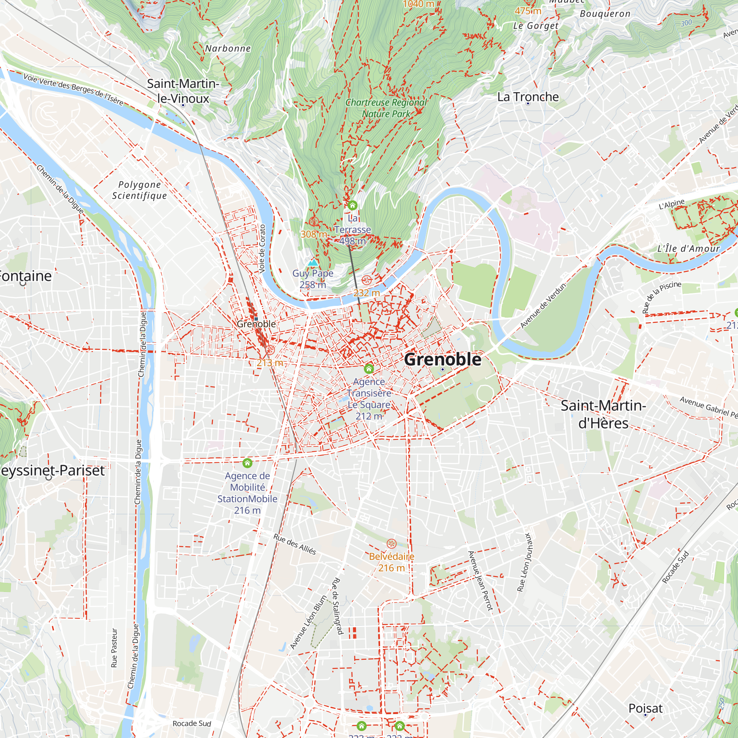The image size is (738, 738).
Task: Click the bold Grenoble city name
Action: pos(442,359)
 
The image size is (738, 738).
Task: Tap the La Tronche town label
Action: pos(528,97)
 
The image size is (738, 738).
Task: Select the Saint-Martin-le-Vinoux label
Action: pos(183,91)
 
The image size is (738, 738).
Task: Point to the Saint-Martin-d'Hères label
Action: pos(603,414)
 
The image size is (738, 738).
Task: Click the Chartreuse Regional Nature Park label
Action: pos(386,108)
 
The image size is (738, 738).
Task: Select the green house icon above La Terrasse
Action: pos(352,206)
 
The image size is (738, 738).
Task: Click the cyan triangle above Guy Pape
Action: pos(313,262)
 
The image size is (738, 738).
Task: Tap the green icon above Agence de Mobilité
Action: pos(248,463)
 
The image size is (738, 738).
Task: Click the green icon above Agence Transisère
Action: pos(369,369)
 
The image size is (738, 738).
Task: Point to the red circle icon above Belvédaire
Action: pos(392,544)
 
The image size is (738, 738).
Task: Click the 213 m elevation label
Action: pos(270,362)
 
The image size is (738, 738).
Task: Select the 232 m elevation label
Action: pos(366,293)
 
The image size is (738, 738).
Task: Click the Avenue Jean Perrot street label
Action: pos(480,580)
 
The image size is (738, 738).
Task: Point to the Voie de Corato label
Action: pos(262,249)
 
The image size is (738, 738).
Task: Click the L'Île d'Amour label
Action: pos(688,249)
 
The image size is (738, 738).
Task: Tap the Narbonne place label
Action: pos(228,48)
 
